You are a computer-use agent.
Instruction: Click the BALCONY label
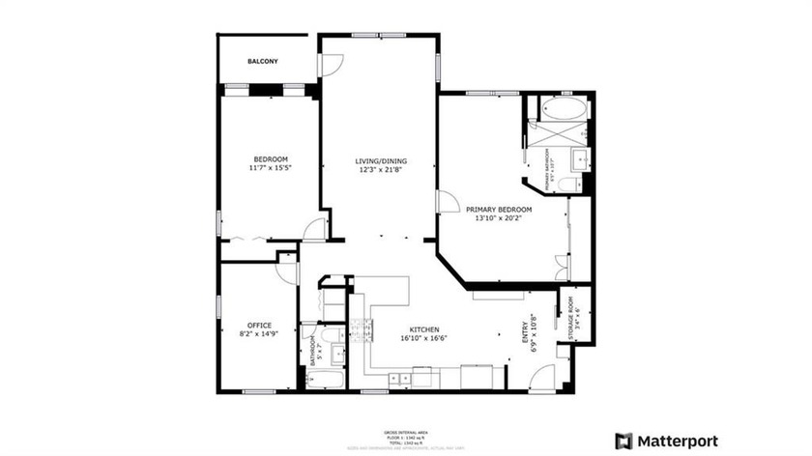click(262, 61)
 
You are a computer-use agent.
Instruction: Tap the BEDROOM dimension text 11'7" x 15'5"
click(271, 168)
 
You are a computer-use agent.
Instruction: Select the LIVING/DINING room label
click(380, 160)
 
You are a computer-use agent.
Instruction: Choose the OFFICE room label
click(259, 325)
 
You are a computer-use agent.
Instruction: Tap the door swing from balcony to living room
click(332, 66)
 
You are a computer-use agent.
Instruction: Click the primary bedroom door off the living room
click(447, 202)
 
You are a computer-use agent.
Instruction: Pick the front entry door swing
click(544, 378)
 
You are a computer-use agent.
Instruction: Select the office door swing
click(286, 271)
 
